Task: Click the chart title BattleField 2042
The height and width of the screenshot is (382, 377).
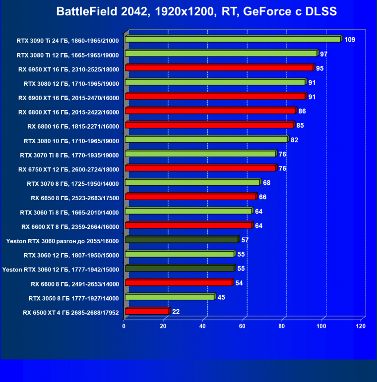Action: (196, 11)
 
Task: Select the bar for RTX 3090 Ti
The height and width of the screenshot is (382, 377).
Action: (233, 39)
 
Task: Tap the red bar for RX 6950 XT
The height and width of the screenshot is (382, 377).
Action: (219, 68)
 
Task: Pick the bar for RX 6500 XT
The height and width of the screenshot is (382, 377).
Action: (147, 312)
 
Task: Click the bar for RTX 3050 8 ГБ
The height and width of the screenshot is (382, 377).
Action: (170, 297)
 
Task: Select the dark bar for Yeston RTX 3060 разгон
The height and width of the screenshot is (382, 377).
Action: (182, 240)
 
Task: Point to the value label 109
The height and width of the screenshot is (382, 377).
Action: (349, 39)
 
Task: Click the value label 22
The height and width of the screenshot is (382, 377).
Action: (176, 312)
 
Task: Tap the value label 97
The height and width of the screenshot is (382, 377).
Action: (324, 54)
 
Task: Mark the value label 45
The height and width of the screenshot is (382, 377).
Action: (221, 297)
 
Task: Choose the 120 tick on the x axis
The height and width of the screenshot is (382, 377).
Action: (361, 327)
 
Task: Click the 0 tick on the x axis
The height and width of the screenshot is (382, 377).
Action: (124, 327)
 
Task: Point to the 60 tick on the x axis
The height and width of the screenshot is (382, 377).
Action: (243, 327)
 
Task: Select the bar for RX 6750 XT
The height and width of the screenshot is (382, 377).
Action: (200, 168)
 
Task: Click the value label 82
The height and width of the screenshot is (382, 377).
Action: (294, 140)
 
